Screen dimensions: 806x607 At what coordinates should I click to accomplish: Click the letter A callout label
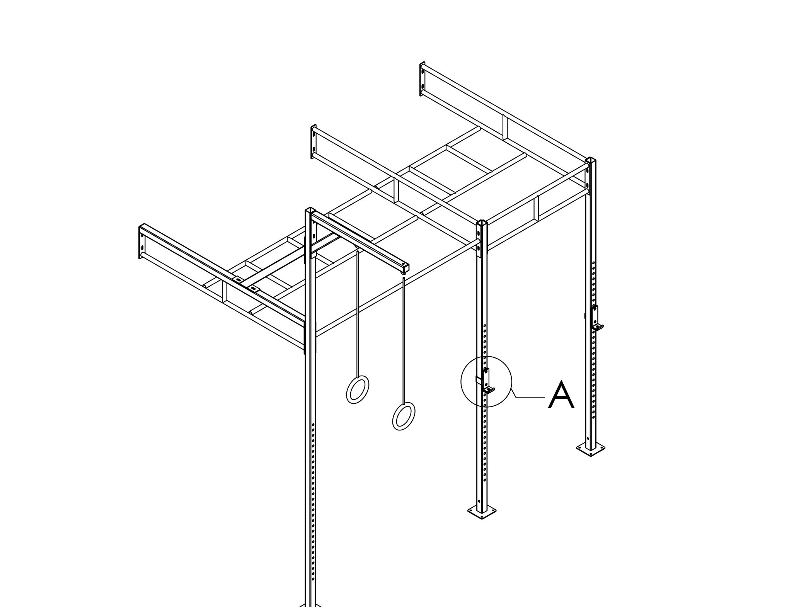click(561, 395)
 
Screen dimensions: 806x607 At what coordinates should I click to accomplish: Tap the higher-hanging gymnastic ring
click(357, 389)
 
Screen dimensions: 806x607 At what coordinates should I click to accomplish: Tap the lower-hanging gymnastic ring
click(404, 416)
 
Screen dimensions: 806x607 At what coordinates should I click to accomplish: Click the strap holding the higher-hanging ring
click(358, 313)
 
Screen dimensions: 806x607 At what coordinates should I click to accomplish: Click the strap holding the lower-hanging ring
click(404, 340)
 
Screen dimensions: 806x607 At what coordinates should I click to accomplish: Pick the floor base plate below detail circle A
click(482, 512)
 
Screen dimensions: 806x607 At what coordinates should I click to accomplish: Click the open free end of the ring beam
click(405, 267)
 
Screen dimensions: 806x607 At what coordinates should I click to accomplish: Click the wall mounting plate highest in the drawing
click(423, 79)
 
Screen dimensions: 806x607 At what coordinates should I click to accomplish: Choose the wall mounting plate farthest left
click(142, 242)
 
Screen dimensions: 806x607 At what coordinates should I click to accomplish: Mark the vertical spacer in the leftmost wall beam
click(225, 293)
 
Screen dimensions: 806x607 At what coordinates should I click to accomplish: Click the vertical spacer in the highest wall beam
click(505, 128)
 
